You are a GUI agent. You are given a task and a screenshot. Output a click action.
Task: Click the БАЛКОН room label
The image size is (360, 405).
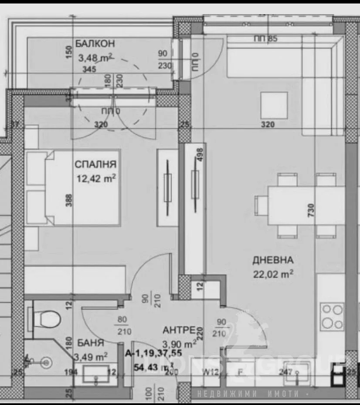[x=95, y=44]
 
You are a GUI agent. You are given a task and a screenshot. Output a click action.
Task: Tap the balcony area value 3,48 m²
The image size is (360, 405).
[x=95, y=57]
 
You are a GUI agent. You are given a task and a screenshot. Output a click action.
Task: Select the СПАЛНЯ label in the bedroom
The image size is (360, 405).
[x=95, y=164]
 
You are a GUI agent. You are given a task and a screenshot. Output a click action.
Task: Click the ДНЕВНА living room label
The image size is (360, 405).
[x=273, y=260]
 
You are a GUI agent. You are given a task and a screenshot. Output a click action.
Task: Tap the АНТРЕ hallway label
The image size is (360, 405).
[x=179, y=329]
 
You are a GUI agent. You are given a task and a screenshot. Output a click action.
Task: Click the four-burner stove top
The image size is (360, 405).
[x=332, y=316]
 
